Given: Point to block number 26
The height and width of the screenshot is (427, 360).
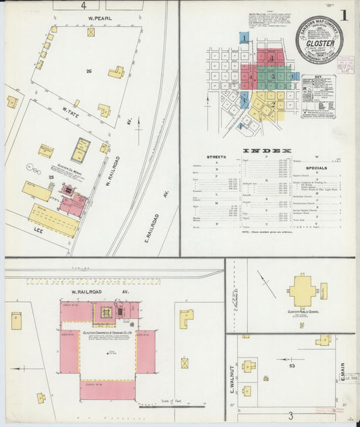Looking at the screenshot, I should (x=88, y=71).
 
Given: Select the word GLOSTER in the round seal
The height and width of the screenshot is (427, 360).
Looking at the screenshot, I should (x=320, y=43).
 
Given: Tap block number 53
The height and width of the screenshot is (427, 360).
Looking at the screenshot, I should (x=292, y=366).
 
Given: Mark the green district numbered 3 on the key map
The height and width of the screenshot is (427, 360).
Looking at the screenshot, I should (x=273, y=76).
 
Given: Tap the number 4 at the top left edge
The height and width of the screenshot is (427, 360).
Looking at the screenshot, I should (x=84, y=5).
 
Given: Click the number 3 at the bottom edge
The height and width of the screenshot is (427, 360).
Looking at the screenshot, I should (x=290, y=415).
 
